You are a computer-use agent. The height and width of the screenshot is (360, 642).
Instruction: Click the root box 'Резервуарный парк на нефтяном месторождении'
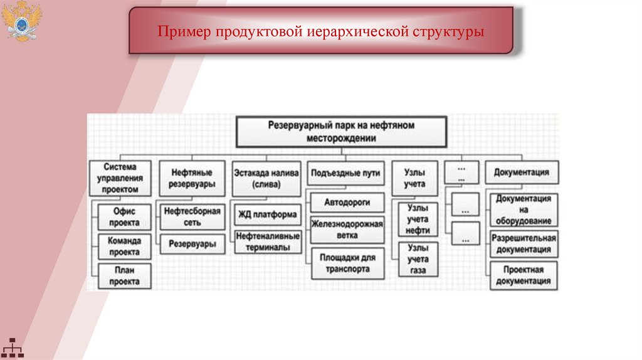click(342, 132)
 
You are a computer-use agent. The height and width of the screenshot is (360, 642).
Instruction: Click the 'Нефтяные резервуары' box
click(192, 177)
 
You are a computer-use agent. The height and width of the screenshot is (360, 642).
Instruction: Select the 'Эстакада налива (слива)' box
click(266, 177)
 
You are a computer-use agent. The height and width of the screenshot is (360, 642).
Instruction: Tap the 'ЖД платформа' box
click(266, 214)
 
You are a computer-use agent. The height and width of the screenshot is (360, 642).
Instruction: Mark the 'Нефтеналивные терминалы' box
click(267, 241)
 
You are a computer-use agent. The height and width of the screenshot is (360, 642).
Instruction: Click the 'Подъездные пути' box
click(345, 172)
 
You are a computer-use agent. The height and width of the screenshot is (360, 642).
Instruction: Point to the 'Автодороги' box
click(347, 203)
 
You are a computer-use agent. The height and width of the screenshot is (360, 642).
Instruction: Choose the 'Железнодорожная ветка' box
click(347, 230)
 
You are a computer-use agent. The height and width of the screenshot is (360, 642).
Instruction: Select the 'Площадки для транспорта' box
click(347, 263)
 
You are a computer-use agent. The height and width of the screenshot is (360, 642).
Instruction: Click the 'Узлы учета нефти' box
click(417, 220)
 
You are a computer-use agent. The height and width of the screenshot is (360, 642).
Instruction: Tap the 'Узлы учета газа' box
click(417, 260)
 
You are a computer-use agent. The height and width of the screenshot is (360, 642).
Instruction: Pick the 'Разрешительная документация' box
click(523, 244)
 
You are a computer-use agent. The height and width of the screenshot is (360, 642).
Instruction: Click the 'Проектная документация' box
click(523, 275)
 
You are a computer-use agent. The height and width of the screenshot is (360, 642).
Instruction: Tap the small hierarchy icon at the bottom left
click(12, 347)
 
